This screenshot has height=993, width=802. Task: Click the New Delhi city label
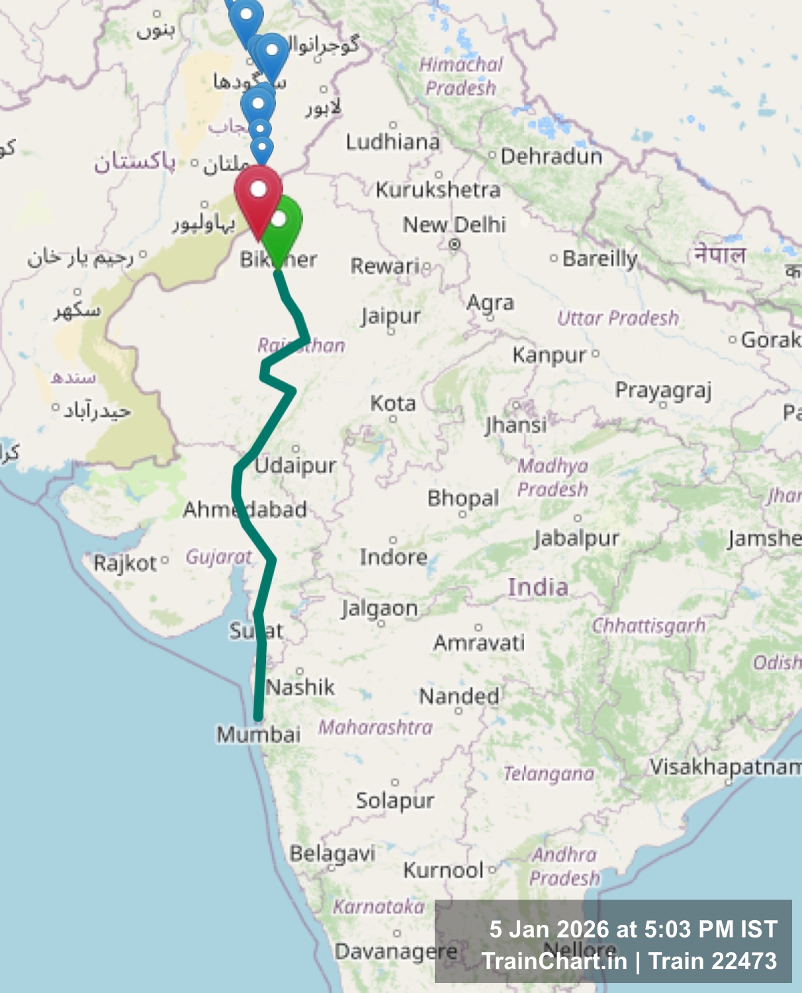pos(455,225)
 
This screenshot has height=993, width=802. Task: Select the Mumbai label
pos(259,734)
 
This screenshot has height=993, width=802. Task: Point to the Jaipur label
pos(390,316)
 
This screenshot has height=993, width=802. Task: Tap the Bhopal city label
pos(463,498)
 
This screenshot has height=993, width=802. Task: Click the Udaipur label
pos(296,465)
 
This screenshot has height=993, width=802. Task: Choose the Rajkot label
pos(125,563)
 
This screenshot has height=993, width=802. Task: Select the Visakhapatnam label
pos(725,767)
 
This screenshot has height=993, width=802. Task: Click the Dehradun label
pos(551,156)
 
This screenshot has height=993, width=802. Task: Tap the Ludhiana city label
pos(392,142)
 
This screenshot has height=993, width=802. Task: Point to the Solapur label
pos(395,800)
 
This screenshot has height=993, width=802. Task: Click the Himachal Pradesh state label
pos(461,76)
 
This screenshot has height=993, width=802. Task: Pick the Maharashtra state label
pos(375,727)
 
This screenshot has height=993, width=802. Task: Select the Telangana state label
pos(549,773)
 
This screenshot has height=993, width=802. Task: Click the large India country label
pos(538,587)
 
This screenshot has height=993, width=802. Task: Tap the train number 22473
pos(745,961)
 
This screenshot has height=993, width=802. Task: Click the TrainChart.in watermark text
pos(554,961)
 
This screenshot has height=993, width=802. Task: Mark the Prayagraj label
pos(663,391)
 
